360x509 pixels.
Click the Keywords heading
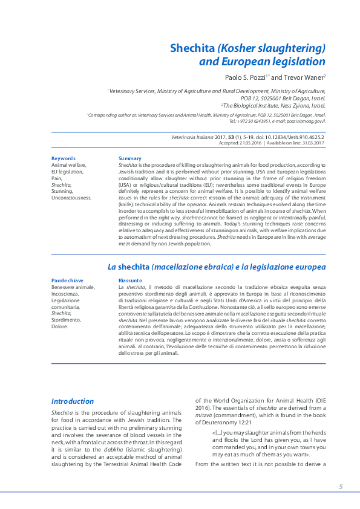point(64,158)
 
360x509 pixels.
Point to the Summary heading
point(130,158)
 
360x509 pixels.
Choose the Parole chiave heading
point(67,281)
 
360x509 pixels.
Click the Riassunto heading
point(131,281)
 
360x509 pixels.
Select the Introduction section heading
point(73,401)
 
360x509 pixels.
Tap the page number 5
point(341,487)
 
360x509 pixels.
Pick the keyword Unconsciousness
point(71,197)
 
